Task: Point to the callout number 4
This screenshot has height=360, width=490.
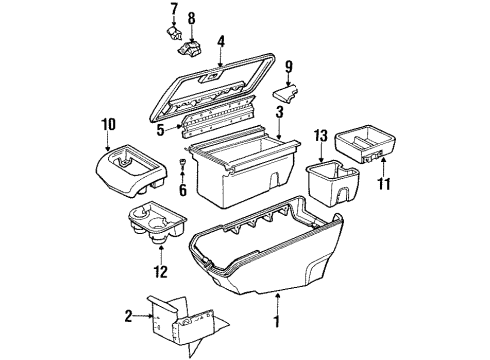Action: click(221, 43)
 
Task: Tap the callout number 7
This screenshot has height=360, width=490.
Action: click(173, 9)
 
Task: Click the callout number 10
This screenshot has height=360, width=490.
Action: click(108, 125)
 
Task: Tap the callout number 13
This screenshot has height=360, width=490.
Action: click(320, 134)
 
